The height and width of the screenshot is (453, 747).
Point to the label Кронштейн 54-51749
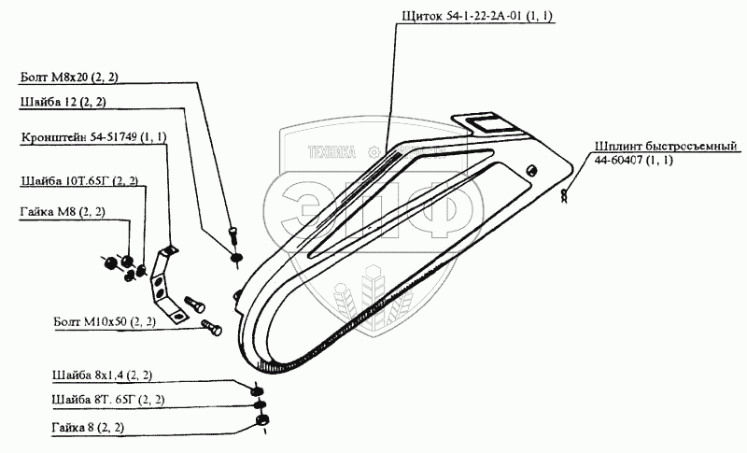93,137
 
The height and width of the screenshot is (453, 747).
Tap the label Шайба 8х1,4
103,375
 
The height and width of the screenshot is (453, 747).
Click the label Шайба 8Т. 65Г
108,401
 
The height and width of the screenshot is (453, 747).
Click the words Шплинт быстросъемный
666,147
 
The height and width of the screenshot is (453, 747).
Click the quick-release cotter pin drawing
564,196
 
